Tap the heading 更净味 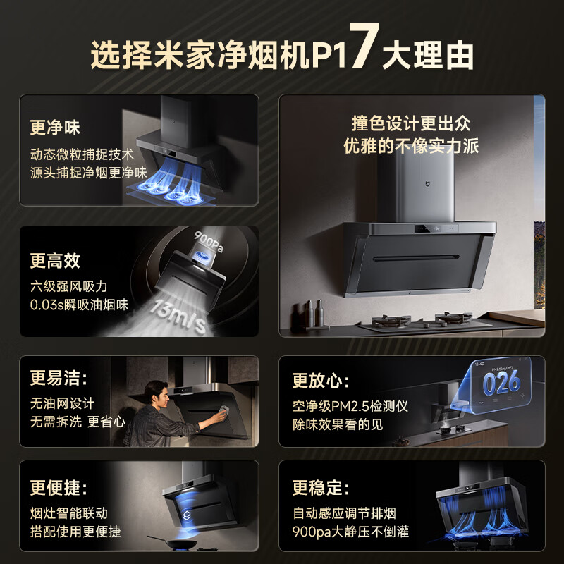tap(55, 128)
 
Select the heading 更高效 tap(55, 261)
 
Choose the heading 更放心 tap(321, 381)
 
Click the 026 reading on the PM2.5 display tap(501, 383)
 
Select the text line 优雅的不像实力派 tap(411, 145)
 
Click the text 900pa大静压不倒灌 tap(350, 532)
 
